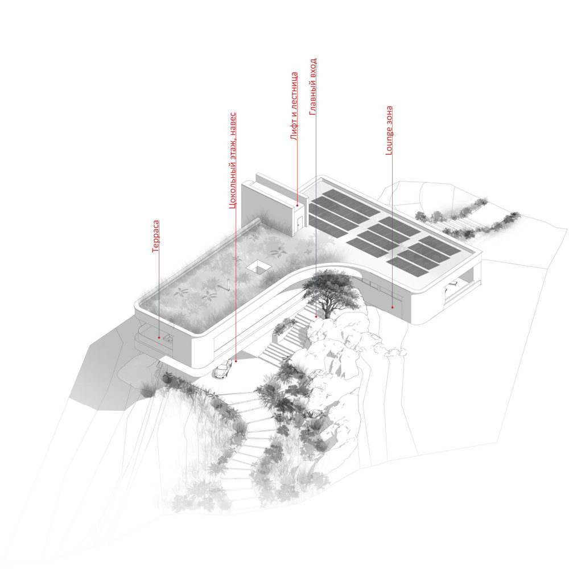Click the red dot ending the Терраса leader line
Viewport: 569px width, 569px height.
tap(159, 338)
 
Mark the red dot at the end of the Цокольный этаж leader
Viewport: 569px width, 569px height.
tap(236, 361)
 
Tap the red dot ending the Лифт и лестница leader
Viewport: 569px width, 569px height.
tap(298, 206)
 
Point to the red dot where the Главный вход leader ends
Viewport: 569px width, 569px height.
tap(316, 317)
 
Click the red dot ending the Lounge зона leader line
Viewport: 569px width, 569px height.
tap(392, 307)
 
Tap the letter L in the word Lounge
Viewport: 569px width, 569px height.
tap(389, 152)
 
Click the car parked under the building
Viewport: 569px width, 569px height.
tap(222, 369)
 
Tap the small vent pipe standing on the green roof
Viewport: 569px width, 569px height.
tap(228, 284)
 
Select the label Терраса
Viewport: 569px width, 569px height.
tap(155, 236)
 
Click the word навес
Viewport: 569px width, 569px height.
tap(233, 124)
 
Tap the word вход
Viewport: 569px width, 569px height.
tap(313, 68)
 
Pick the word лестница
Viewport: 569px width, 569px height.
tap(294, 90)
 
